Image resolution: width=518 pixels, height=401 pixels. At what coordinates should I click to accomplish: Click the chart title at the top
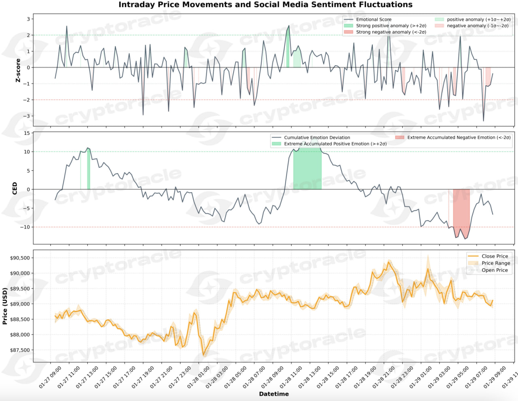(x=265, y=5)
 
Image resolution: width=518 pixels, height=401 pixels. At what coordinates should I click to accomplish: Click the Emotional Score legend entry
(x=374, y=19)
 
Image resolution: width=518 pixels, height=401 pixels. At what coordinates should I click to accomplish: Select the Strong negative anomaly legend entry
(x=391, y=32)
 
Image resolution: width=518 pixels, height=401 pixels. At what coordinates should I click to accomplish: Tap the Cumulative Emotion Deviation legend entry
(x=316, y=138)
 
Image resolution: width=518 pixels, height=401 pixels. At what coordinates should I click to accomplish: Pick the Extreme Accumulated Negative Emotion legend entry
(x=459, y=138)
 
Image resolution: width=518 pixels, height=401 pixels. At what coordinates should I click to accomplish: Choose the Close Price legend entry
(x=494, y=256)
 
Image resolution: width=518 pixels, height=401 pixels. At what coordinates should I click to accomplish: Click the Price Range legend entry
(x=495, y=263)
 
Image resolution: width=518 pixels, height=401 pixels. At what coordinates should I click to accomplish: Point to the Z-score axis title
(x=18, y=70)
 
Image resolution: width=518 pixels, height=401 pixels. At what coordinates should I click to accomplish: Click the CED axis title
(x=15, y=188)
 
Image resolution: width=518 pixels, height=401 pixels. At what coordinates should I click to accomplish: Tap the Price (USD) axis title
(x=5, y=306)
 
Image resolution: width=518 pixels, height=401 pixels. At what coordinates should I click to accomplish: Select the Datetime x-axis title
(x=274, y=394)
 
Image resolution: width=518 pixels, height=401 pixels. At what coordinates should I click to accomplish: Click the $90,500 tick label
(x=20, y=258)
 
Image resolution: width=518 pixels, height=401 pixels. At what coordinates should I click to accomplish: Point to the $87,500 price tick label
(x=20, y=350)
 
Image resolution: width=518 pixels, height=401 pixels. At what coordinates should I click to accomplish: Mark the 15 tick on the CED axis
(x=27, y=133)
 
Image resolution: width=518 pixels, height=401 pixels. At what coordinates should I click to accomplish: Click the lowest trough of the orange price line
(x=204, y=355)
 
